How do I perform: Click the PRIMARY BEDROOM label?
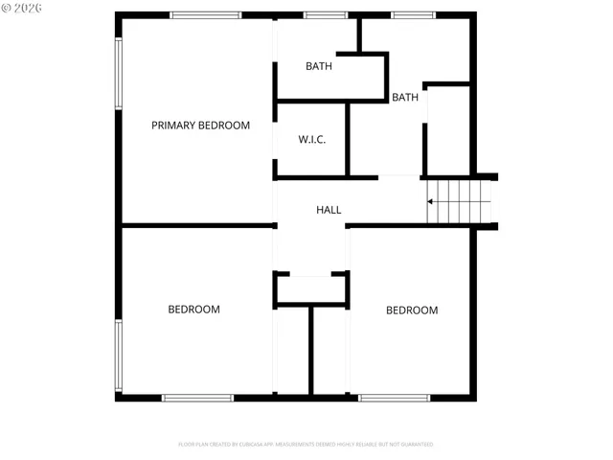[x=200, y=126]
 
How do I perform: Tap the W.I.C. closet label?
[x=312, y=140]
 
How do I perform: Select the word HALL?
[x=329, y=210]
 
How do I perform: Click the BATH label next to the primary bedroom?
[x=319, y=66]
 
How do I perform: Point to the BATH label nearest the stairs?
[x=405, y=98]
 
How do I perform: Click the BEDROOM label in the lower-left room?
[x=193, y=310]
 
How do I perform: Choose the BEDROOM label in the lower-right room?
[x=412, y=310]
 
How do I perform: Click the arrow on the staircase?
[x=433, y=201]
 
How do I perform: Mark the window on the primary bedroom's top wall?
[x=205, y=14]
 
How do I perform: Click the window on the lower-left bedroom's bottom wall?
[x=197, y=397]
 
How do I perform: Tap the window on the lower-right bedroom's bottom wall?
[x=395, y=397]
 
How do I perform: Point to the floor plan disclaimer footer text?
[x=306, y=445]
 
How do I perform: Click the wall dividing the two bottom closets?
[x=311, y=350]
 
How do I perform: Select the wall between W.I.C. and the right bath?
[x=348, y=140]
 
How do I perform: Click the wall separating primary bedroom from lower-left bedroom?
[x=196, y=226]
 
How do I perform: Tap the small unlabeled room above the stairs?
[x=446, y=129]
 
